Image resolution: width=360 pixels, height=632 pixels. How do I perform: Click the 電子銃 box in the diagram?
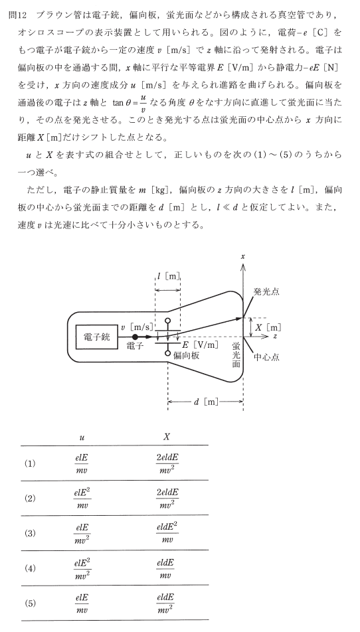[97, 337]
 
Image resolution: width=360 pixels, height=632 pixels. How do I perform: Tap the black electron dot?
[135, 337]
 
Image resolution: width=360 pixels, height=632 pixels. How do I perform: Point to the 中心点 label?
[266, 356]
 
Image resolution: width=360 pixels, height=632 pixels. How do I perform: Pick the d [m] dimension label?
[206, 402]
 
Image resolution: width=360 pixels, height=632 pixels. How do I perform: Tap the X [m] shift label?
[268, 327]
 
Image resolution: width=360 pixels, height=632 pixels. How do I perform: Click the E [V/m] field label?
[200, 345]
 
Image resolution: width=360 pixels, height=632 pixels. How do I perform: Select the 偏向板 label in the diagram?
[186, 356]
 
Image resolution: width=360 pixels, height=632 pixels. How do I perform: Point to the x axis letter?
[242, 256]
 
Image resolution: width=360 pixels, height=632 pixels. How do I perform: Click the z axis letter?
[275, 336]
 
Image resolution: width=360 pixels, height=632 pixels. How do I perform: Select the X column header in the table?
[167, 437]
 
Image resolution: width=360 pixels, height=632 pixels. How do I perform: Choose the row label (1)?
[31, 463]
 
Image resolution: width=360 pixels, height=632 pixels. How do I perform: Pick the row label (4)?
[31, 568]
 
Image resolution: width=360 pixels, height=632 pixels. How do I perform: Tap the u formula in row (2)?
[82, 498]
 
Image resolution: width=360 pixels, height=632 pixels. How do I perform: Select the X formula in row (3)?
[167, 533]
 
